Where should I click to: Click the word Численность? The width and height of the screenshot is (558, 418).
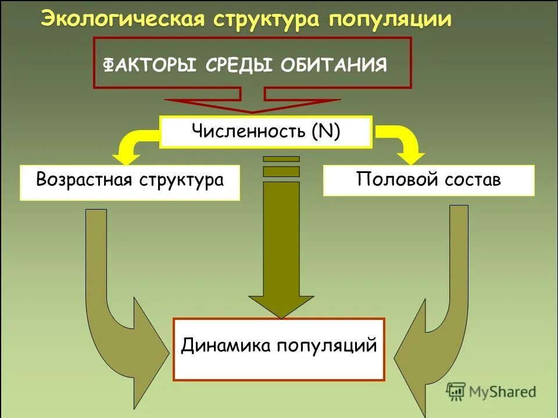pos(249,132)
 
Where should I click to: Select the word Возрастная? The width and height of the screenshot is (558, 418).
pos(85,179)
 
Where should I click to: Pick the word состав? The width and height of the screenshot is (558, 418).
pos(473,179)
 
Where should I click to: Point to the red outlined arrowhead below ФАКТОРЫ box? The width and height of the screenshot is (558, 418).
pos(252,105)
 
